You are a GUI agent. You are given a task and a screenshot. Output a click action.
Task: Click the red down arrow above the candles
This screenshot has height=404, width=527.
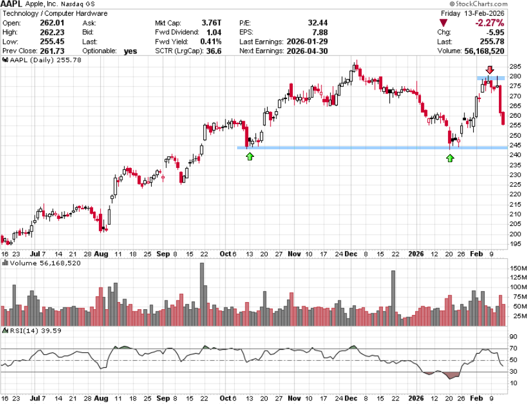(490, 70)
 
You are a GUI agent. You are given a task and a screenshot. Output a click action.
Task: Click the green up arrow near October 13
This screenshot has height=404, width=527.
(250, 156)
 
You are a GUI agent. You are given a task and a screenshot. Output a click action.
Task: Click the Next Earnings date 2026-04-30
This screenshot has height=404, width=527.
(308, 50)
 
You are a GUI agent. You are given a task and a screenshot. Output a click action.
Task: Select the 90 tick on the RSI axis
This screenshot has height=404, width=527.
(514, 337)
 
